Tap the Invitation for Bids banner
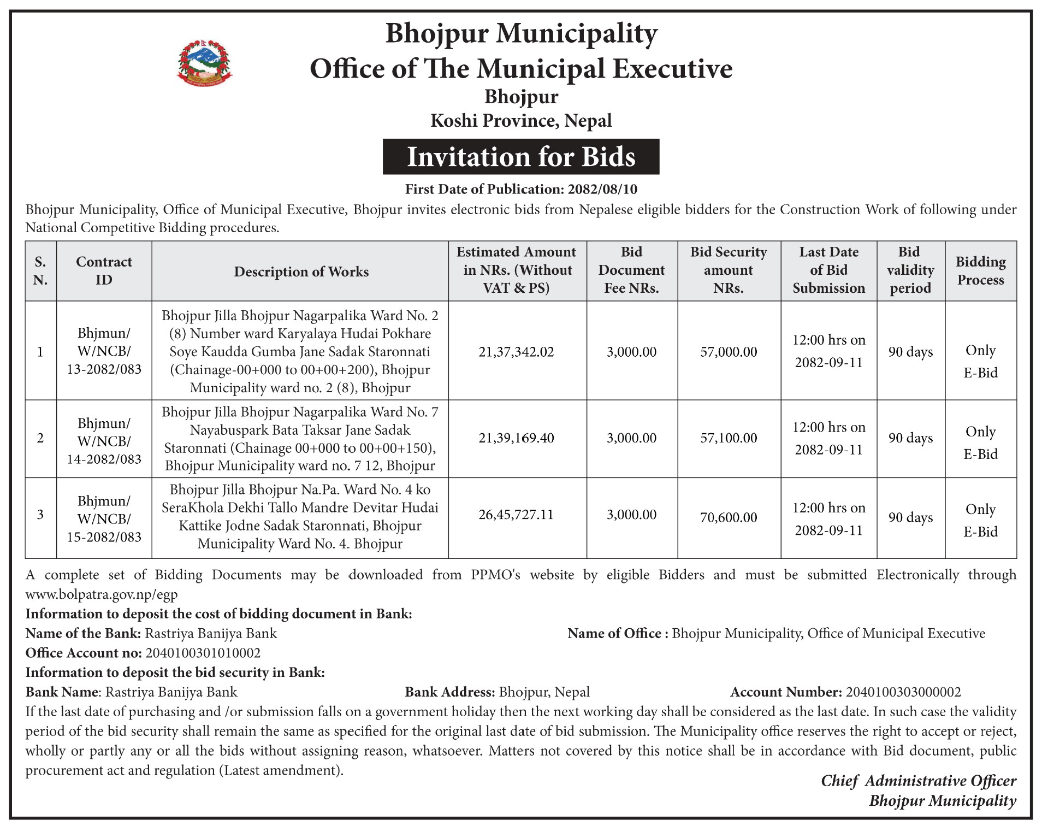point(521,157)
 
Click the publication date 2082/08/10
point(602,189)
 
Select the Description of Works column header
point(301,272)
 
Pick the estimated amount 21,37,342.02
point(516,352)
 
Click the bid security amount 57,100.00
point(729,438)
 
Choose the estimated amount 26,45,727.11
point(516,515)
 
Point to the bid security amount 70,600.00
point(729,517)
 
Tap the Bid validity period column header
point(910,270)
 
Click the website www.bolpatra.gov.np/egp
point(102,594)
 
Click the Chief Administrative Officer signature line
point(918,781)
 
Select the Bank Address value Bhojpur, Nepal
point(544,692)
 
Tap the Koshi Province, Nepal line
point(521,121)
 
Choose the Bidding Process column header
point(980,270)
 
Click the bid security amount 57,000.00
point(729,352)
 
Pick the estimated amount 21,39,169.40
point(516,438)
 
